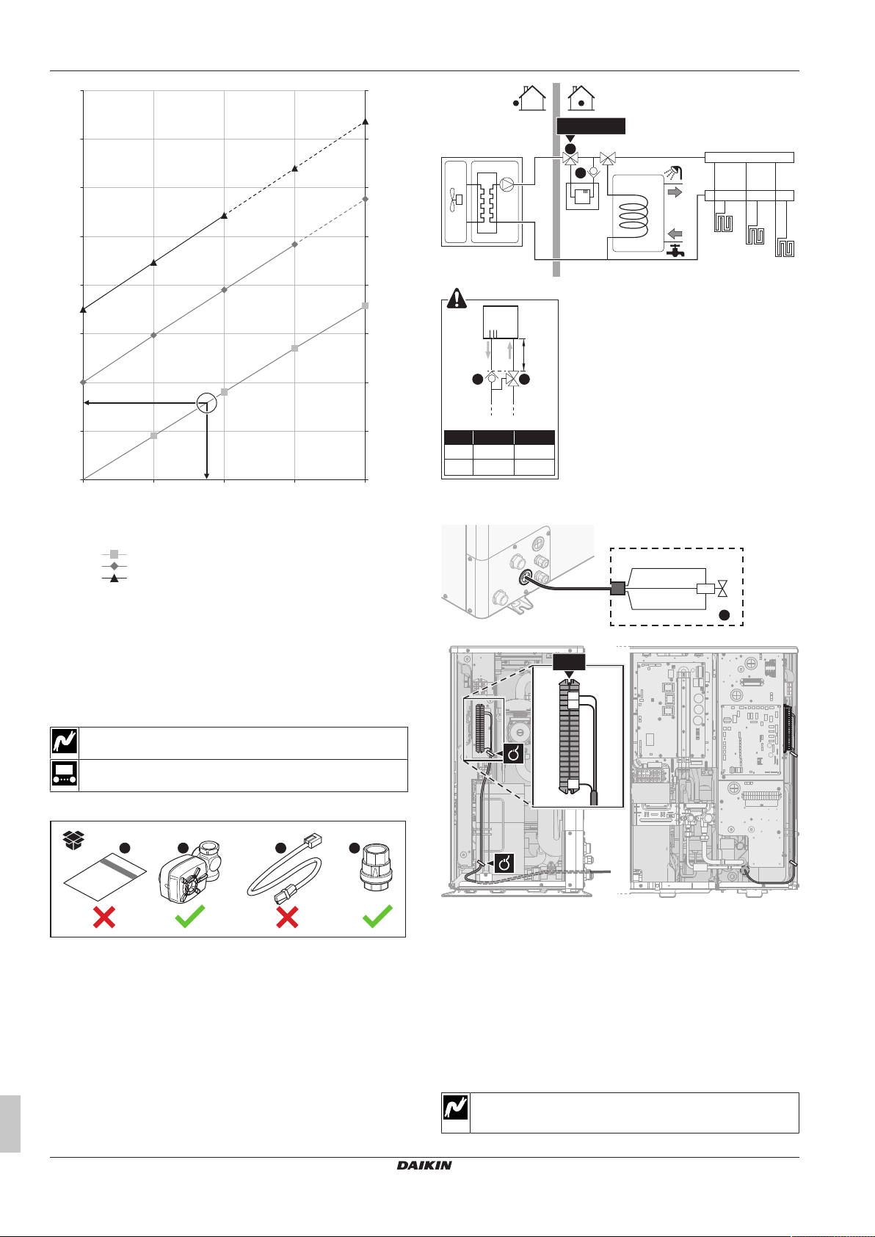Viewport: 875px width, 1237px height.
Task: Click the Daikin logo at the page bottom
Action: coord(424,1164)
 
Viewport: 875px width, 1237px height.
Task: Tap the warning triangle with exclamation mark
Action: coord(457,298)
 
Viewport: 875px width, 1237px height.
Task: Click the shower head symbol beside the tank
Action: coord(674,173)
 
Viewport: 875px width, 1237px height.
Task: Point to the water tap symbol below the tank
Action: coord(675,251)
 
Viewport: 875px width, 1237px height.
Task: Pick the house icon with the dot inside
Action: coord(581,98)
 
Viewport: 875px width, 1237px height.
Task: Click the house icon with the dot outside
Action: coord(529,98)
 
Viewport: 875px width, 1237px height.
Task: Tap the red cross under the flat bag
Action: coord(104,917)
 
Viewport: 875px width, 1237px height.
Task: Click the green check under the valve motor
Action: coord(190,916)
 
